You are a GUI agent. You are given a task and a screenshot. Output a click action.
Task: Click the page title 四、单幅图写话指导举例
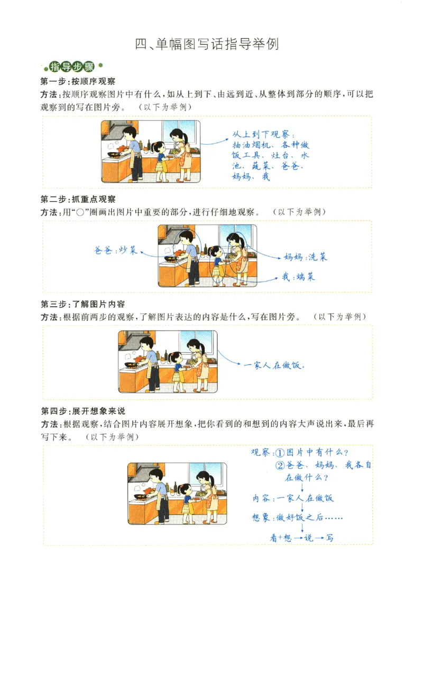pos(207,44)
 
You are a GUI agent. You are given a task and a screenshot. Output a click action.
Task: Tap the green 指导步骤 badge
pos(72,67)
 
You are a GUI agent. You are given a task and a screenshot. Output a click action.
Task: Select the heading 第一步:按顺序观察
pos(78,81)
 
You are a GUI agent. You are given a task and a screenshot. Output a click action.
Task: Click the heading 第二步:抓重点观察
pos(78,199)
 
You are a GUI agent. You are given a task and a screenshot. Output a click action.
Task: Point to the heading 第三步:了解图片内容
pos(82,304)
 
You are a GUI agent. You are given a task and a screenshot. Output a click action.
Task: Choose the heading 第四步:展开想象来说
pos(82,411)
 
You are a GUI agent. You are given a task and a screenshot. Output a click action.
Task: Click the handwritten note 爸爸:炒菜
pos(116,250)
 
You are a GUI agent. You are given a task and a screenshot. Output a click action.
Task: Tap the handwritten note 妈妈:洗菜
pos(305,257)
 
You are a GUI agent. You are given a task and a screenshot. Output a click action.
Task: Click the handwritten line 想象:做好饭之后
pos(297,518)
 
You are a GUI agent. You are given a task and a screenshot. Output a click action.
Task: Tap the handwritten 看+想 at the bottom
pos(281,538)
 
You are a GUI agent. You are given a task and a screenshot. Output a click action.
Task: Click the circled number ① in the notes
pos(280,453)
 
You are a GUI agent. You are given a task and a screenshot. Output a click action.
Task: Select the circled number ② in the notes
pos(280,466)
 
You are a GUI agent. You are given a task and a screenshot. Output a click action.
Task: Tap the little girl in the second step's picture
pos(216,264)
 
